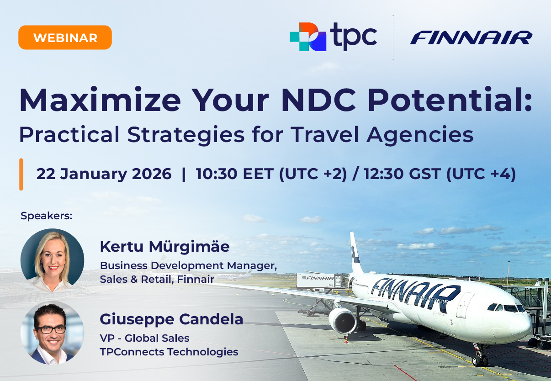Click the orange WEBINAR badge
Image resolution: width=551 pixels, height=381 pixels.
[x=65, y=37]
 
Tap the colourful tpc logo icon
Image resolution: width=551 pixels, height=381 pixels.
[x=307, y=37]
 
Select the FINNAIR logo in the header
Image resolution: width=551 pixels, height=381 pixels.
[x=471, y=37]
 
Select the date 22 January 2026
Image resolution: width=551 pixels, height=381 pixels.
[x=104, y=174]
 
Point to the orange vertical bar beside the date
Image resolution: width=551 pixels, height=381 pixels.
[x=21, y=174]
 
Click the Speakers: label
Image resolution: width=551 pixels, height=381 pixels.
[x=47, y=216]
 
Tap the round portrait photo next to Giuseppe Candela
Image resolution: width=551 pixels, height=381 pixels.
[x=52, y=333]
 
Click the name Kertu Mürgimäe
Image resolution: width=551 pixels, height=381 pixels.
[x=164, y=247]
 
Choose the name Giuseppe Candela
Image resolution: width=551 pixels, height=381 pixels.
[x=171, y=319]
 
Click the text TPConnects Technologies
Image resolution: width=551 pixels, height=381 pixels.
[x=169, y=352]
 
